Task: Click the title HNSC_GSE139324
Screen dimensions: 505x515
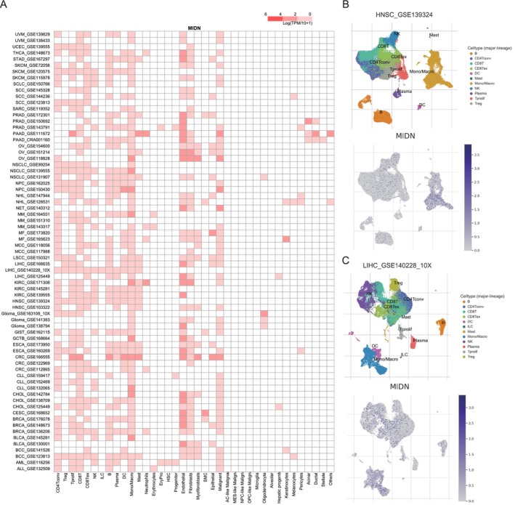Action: pos(397,15)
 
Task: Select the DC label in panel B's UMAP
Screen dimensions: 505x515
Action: pos(422,105)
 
